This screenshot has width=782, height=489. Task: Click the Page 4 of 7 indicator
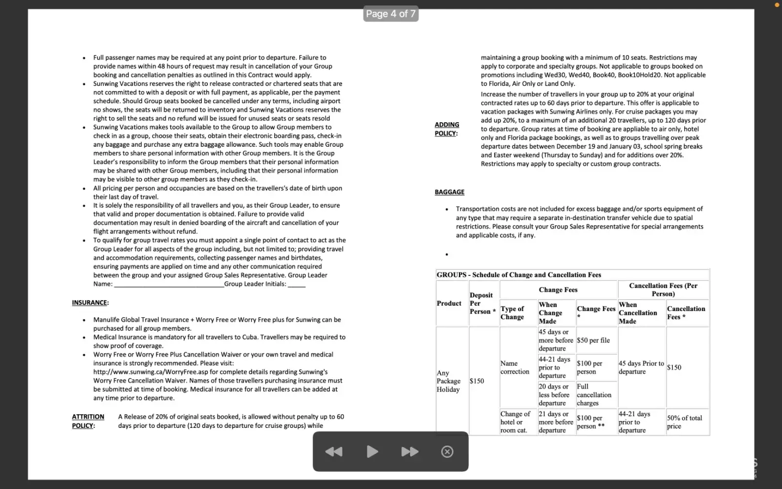click(x=391, y=14)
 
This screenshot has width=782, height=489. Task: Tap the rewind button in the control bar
click(x=334, y=452)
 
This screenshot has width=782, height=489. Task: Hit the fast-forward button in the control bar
click(x=410, y=452)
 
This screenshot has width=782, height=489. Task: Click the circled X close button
click(x=447, y=452)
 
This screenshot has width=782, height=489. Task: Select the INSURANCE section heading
click(x=90, y=303)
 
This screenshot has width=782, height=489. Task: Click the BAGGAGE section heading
click(x=449, y=192)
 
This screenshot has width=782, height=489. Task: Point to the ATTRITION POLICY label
click(x=88, y=421)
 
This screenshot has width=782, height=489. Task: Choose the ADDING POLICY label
click(x=447, y=129)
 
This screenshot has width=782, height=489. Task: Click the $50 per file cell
click(x=593, y=340)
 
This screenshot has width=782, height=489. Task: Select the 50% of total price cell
click(x=684, y=422)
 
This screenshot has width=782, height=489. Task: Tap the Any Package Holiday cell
click(x=448, y=381)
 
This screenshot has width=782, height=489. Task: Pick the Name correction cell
click(x=515, y=367)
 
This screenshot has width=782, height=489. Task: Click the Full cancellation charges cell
click(x=594, y=395)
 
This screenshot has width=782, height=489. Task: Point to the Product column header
click(x=449, y=303)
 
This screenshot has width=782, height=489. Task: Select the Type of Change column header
click(x=512, y=312)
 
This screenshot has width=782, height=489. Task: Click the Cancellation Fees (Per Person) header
click(x=663, y=289)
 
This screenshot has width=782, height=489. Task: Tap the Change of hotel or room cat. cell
click(x=515, y=422)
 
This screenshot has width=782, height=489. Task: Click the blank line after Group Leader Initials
click(x=297, y=284)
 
